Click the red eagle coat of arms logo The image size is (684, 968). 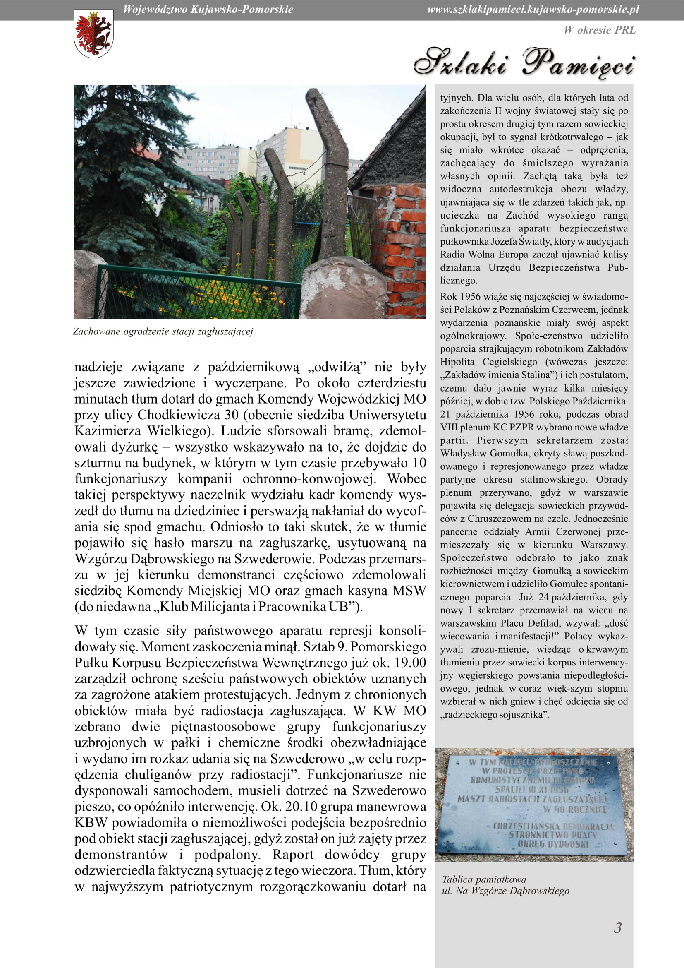point(93,34)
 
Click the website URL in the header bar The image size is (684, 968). point(533,10)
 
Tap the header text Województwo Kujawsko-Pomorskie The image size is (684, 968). point(208,10)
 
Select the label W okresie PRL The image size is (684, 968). point(600,30)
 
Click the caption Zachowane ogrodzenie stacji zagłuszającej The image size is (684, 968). point(163,331)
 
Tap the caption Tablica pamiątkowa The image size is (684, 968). point(484,879)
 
